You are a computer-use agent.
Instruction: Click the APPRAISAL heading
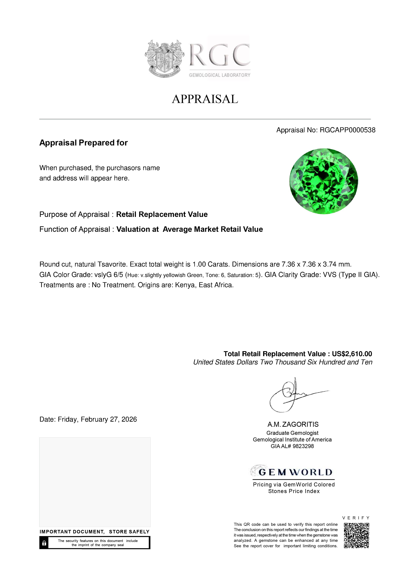pos(205,99)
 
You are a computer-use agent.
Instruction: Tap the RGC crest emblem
pos(164,59)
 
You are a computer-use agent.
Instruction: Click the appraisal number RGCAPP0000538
pos(347,130)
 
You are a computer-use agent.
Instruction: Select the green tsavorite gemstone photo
pos(324,181)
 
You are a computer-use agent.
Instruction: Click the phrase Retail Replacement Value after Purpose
pos(162,214)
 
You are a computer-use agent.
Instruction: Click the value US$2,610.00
pos(352,354)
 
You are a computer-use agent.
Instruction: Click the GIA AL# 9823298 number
pos(292,446)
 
